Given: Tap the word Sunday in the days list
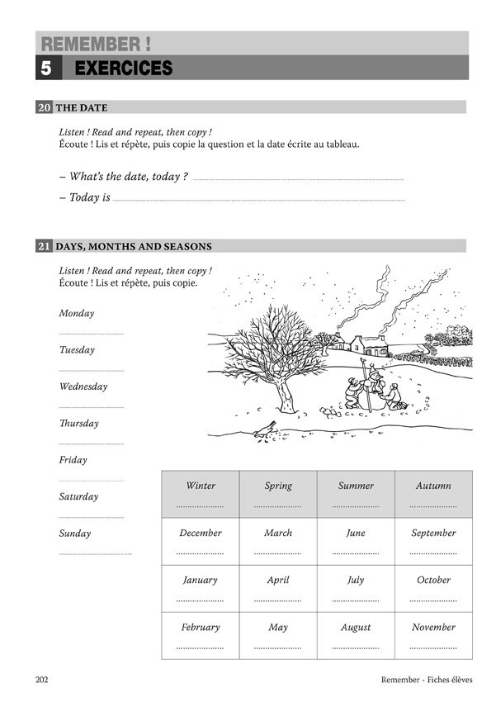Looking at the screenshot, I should pos(75,534).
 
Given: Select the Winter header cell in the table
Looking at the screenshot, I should pos(201,494).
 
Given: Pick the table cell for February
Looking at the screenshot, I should pos(201,635).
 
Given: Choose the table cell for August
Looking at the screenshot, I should pos(356,635).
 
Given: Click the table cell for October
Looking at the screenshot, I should pos(433,588).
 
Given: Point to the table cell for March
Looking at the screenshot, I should pos(278,541).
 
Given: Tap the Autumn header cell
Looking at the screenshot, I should pos(433,494).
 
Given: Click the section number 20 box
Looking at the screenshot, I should pos(45,107).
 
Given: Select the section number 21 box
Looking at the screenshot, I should pos(45,246).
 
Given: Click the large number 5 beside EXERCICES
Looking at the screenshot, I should pos(46,69).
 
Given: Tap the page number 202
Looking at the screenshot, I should pos(45,680).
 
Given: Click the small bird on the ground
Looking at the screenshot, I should pos(267,427).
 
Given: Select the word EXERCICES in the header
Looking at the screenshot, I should pos(124,69).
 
